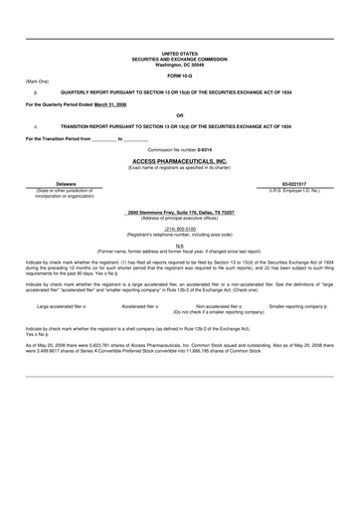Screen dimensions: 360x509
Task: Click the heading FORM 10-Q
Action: (179, 76)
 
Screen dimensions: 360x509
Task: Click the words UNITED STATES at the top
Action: (179, 54)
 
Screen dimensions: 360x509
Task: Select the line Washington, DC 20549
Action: (179, 65)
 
